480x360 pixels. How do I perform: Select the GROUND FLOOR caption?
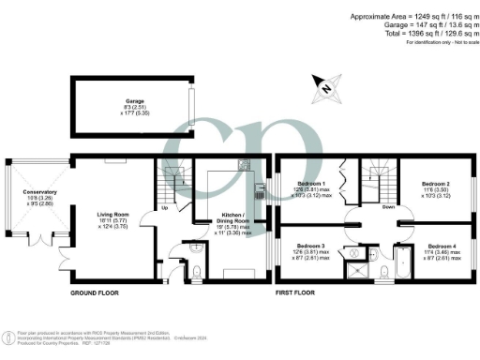coord(98,293)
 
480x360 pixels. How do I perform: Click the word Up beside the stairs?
coord(165,208)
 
